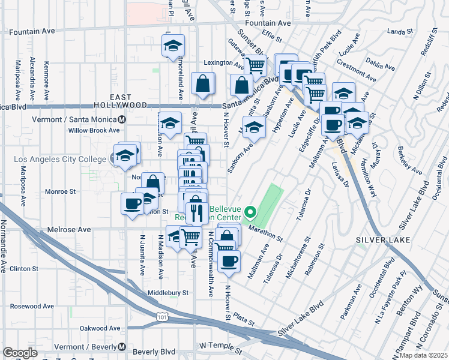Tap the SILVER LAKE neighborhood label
pos(383,240)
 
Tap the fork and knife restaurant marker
pos(196,212)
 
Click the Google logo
pos(20,353)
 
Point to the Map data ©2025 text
pos(423,355)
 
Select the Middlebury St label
pos(168,293)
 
